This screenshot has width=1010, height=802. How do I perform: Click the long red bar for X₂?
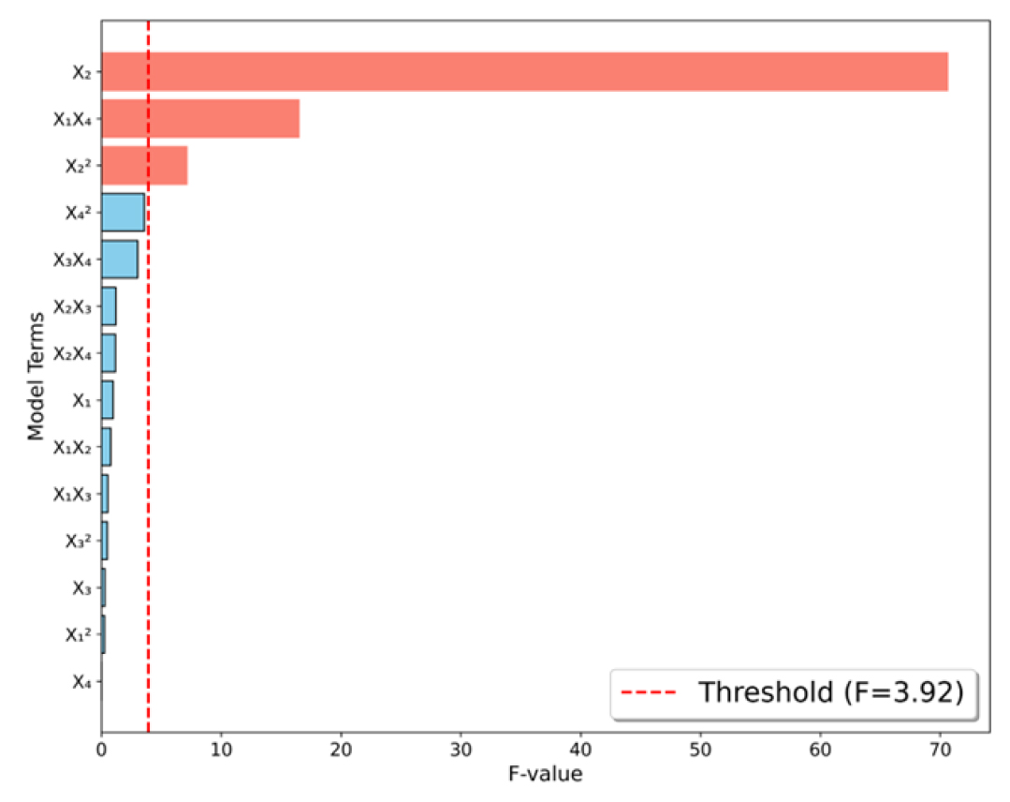524,71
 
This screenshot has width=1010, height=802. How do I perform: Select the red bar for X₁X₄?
200,119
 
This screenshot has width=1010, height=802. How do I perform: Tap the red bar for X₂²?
144,166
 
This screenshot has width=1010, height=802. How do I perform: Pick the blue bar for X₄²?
123,212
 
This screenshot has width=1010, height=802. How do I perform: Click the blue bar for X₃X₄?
120,260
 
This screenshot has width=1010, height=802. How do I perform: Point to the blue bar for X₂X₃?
109,306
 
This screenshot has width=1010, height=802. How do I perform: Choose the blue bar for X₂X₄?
109,353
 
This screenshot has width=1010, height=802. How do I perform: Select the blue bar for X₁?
108,400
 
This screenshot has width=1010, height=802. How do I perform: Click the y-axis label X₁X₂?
72,447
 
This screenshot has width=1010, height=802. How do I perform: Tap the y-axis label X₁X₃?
72,494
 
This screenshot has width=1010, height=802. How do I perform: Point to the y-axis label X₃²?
79,541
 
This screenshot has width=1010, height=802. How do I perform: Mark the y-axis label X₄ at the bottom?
81,681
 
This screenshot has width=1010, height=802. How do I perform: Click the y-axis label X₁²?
79,634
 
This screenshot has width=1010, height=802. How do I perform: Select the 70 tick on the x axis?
941,750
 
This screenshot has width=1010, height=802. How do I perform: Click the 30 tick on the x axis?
461,750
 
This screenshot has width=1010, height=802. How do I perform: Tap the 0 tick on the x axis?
102,750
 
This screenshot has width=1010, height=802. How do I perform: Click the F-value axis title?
546,774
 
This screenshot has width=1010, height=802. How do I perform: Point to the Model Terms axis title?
37,377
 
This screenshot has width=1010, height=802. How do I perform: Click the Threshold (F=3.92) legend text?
831,692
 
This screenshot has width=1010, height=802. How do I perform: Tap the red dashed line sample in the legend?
650,693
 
